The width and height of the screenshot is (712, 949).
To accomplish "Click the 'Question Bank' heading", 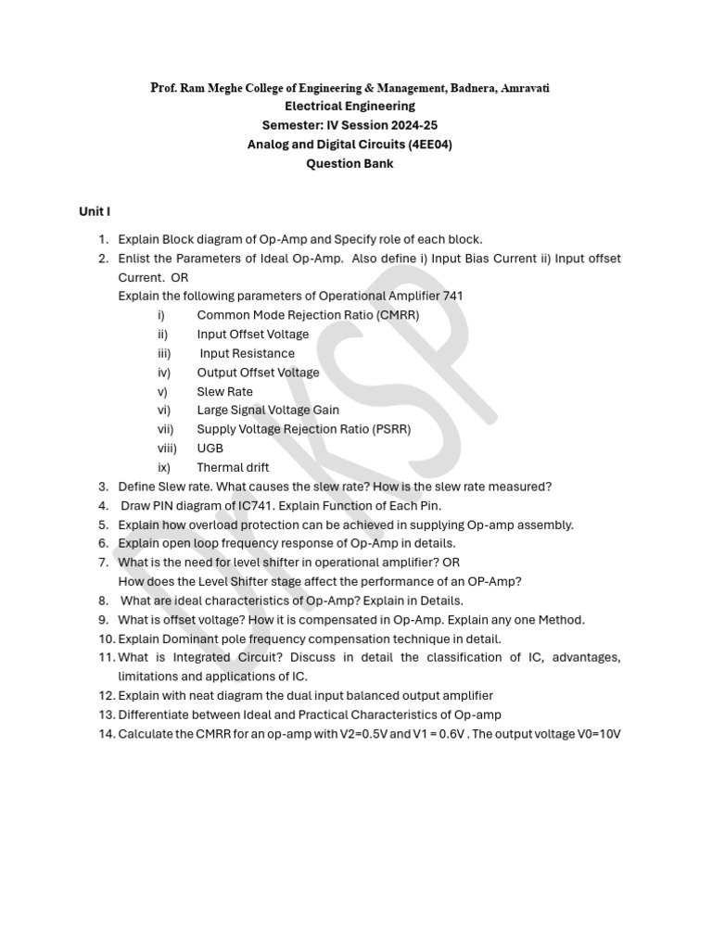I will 350,164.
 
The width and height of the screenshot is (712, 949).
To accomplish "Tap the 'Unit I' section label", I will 95,212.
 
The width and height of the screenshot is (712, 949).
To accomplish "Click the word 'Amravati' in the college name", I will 526,88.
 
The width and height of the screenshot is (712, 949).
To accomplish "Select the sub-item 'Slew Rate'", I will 224,391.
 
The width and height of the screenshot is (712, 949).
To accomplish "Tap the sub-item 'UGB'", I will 210,449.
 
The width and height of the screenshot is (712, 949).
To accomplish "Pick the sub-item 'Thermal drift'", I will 233,468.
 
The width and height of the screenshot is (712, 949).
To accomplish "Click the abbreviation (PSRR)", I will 389,429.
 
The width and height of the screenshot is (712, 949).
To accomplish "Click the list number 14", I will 105,734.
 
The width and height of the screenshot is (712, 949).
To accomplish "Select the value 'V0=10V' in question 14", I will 595,734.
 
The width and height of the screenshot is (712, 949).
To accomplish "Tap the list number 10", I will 105,639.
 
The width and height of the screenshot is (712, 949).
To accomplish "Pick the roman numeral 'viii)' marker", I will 166,449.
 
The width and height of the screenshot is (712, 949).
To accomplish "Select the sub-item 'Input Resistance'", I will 247,353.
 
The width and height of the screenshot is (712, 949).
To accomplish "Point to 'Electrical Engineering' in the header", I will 350,107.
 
